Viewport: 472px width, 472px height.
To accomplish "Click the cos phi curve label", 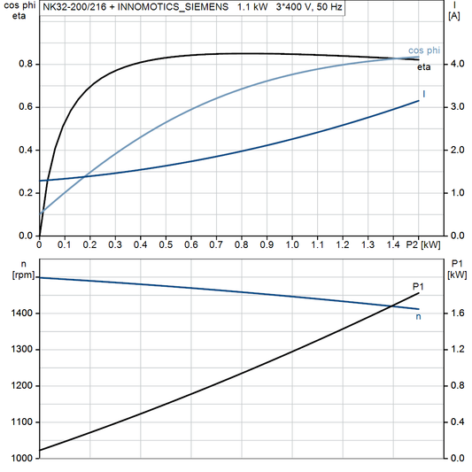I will [x=423, y=50].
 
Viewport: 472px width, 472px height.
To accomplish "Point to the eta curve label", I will [x=426, y=67].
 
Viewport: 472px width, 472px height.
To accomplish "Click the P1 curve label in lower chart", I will [x=418, y=285].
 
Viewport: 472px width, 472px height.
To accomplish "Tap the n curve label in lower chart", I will [x=418, y=315].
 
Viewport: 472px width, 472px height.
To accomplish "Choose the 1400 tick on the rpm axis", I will [x=25, y=313].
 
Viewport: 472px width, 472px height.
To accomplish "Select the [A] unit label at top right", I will [x=454, y=16].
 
